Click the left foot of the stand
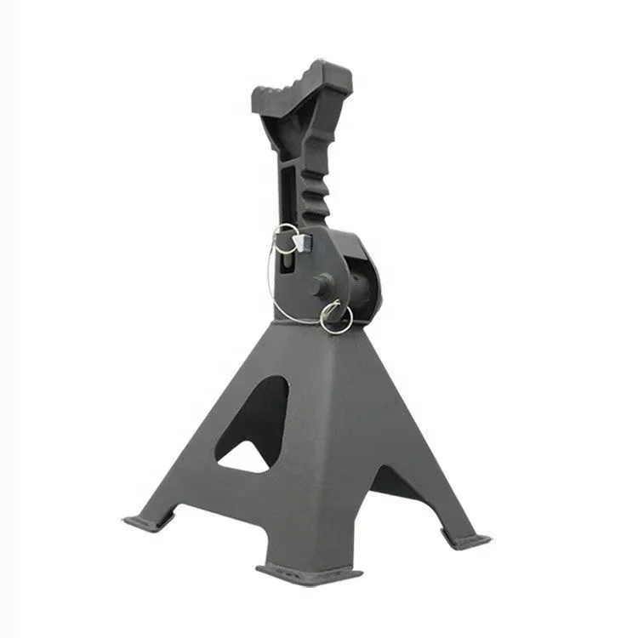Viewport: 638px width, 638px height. (x=146, y=521)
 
